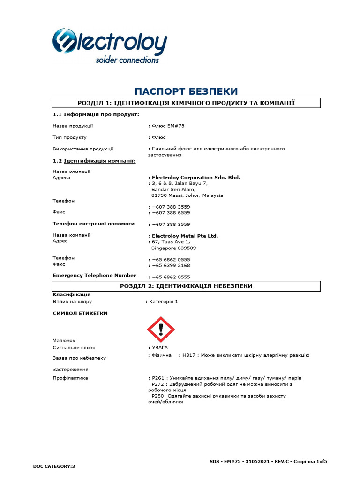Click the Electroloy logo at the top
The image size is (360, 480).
[x=109, y=45]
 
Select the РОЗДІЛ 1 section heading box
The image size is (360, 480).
[x=186, y=103]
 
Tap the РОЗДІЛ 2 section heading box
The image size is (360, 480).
[x=186, y=286]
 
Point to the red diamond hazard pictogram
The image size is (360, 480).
[x=161, y=329]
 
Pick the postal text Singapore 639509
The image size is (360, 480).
[x=174, y=248]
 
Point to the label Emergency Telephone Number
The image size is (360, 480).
[x=94, y=276]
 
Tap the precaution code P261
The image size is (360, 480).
[x=157, y=378]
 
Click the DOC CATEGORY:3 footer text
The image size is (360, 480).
[x=54, y=466]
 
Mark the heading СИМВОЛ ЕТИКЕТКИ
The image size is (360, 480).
[x=80, y=313]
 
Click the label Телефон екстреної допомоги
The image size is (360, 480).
[x=93, y=224]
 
